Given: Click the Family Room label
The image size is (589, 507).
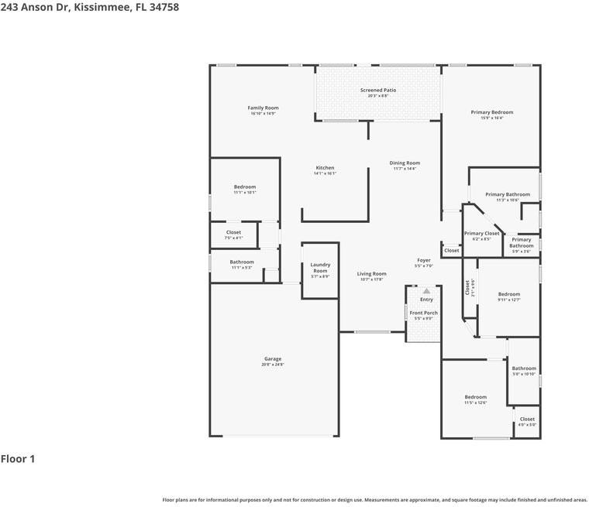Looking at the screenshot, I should click(x=263, y=108).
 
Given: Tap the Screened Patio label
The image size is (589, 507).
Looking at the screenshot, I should click(x=378, y=90).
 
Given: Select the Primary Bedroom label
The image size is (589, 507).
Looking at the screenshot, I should click(x=491, y=112).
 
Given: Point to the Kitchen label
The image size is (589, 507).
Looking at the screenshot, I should click(x=325, y=168).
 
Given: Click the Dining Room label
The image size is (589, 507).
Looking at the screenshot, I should click(x=405, y=163).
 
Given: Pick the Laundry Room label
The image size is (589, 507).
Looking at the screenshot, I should click(x=320, y=268).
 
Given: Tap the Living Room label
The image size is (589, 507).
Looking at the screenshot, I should click(x=372, y=273).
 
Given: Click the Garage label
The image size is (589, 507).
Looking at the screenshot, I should click(x=273, y=358).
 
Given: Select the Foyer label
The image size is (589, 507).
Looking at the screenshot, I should click(x=424, y=260).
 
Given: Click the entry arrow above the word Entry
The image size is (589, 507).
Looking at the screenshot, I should click(x=426, y=290).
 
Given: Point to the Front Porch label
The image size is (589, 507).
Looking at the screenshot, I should click(x=424, y=313).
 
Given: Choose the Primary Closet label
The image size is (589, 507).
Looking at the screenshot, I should click(x=481, y=233).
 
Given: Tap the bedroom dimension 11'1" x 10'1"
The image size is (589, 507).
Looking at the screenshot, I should click(x=245, y=193).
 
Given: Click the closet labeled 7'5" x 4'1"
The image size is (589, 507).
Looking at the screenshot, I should click(x=233, y=235).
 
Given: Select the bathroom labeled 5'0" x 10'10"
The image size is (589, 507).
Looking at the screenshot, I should click(x=524, y=371).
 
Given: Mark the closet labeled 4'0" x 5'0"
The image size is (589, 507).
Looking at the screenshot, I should click(x=527, y=421).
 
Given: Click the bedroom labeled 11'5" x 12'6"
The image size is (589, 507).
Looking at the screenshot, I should click(x=475, y=399).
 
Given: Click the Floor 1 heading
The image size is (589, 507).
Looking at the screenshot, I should click(x=18, y=459).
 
